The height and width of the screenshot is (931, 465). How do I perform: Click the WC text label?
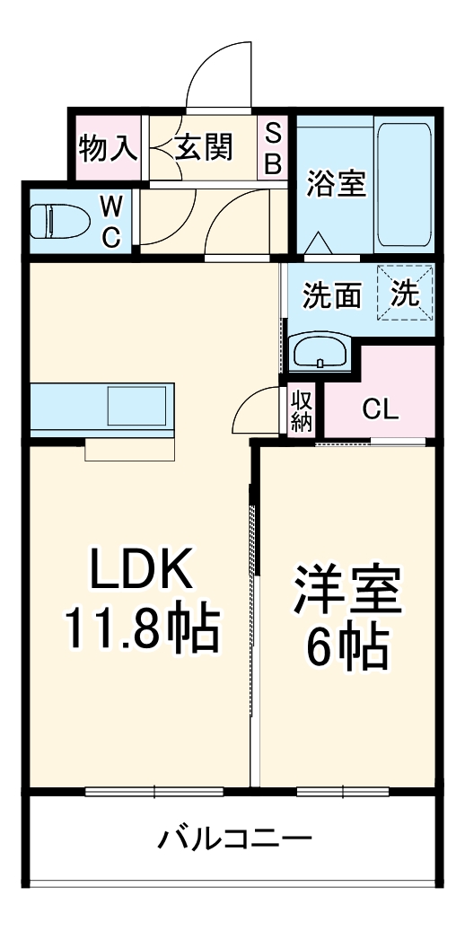[x=110, y=221]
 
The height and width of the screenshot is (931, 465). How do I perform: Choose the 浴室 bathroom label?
[x=335, y=183]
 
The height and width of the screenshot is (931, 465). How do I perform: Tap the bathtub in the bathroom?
[x=404, y=183]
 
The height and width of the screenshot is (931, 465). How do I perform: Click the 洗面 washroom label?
[x=332, y=295]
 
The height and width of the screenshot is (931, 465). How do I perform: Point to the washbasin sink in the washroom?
[x=320, y=352]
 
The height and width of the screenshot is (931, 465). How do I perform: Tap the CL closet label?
[x=380, y=410]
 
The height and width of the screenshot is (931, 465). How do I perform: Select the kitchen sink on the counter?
[x=137, y=407]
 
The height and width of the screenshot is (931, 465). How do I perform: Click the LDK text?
[x=139, y=569]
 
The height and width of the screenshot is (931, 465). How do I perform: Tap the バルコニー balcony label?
[x=235, y=840]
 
